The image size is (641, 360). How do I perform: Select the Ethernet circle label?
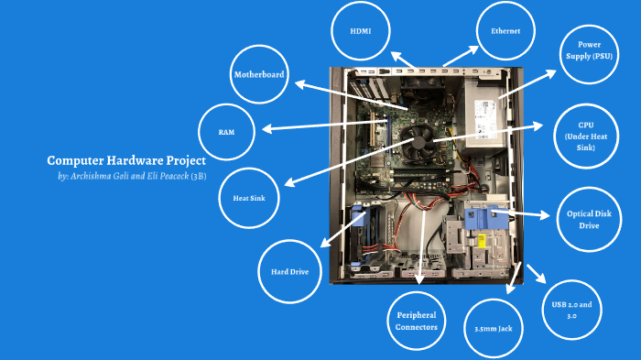(x=505, y=31)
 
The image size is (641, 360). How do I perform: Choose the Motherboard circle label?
(x=260, y=75)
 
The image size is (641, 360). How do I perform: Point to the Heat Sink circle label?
(x=249, y=197)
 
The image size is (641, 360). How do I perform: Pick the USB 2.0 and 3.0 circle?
(x=571, y=310)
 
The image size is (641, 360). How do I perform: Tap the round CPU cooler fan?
(x=421, y=142)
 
